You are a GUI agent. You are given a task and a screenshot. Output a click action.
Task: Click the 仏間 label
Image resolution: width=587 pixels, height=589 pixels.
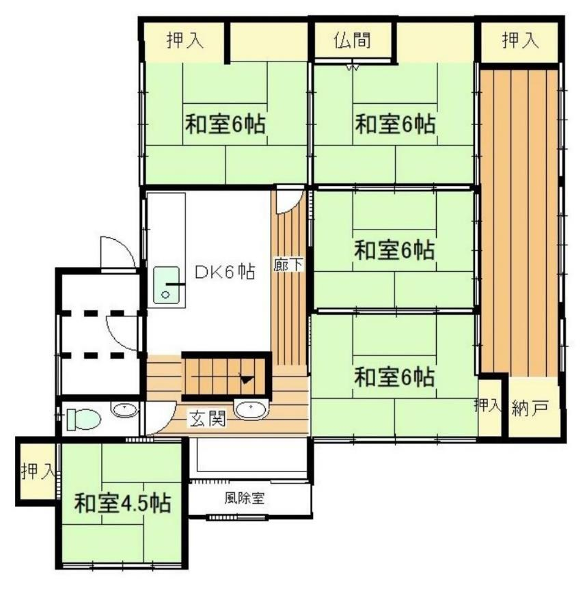tap(353, 40)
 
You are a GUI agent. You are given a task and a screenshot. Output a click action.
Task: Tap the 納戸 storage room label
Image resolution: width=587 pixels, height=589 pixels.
tap(530, 407)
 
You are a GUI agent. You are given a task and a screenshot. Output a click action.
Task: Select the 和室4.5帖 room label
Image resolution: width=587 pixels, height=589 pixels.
tap(122, 503)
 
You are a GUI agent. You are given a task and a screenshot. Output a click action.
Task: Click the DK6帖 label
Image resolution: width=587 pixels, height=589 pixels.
tap(225, 272)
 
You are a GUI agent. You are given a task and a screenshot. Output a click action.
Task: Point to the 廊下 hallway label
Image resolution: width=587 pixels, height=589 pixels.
tap(288, 264)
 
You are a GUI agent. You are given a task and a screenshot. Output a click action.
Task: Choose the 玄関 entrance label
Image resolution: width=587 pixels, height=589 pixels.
tap(208, 418)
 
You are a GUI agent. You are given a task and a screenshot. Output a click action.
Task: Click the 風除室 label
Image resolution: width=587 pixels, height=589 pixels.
tap(245, 498)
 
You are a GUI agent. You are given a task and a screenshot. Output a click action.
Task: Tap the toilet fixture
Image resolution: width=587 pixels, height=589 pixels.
tap(83, 420)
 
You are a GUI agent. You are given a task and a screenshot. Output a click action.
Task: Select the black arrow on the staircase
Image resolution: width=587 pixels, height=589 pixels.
tap(247, 379)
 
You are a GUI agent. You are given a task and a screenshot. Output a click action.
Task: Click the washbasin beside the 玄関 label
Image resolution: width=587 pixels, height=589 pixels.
tap(250, 409)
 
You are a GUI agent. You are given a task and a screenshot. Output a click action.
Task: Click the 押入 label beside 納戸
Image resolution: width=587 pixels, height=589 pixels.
tap(487, 405)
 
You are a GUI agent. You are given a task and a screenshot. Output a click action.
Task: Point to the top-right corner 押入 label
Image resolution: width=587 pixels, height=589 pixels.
tap(521, 40)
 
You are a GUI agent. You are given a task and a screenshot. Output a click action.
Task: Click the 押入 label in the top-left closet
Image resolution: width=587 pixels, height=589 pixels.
tap(185, 40)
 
